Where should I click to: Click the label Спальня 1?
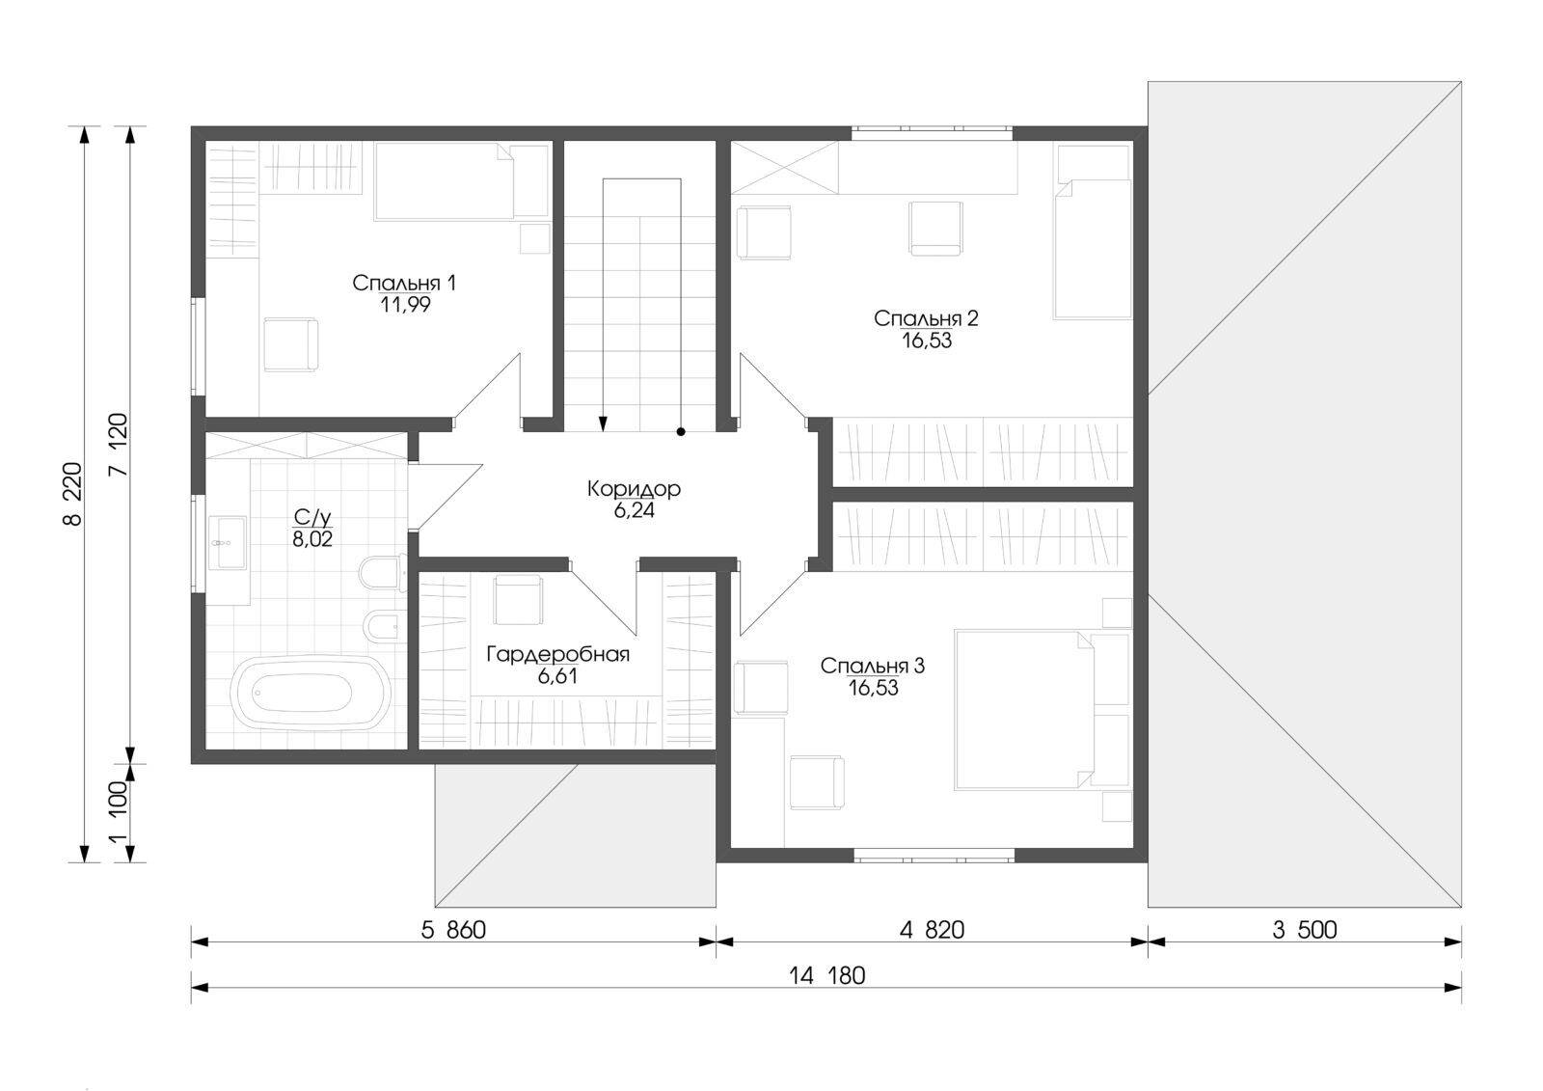pos(404,283)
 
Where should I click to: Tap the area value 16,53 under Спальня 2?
pos(927,341)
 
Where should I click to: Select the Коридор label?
pos(634,489)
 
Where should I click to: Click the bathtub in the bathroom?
pos(310,692)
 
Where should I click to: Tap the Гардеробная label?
pos(558,654)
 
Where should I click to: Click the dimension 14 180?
pos(826,976)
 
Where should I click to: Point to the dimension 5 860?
pos(453,931)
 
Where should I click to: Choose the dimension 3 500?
pos(1305,931)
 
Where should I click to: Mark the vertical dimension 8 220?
pos(73,494)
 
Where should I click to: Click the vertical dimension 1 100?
pos(119,812)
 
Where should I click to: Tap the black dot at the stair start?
pos(681,432)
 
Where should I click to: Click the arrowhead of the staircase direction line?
pos(604,423)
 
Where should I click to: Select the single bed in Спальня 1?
pos(462,181)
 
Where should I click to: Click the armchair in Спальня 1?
pos(290,344)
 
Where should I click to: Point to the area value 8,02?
pos(312,539)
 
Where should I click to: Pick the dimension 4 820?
pos(932,931)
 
